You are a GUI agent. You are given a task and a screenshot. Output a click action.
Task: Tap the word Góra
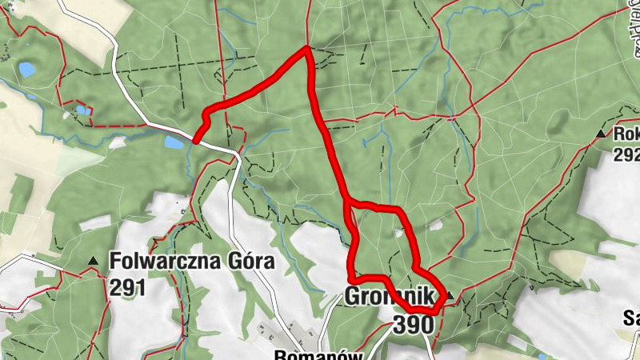click(247, 262)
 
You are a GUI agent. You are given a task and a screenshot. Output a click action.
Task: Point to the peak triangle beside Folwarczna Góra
click(94, 261)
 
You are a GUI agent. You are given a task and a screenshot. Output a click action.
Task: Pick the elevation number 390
click(413, 324)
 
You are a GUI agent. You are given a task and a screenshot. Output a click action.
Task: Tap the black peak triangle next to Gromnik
click(450, 296)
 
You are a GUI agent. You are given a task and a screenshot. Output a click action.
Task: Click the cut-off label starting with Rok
click(626, 134)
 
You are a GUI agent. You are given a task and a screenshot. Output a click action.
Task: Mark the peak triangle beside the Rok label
click(601, 134)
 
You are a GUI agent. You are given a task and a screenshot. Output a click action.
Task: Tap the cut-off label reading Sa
click(630, 318)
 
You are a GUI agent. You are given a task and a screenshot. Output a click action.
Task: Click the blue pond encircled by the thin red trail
click(27, 70)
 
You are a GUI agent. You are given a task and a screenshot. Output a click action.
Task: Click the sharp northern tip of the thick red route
click(306, 49)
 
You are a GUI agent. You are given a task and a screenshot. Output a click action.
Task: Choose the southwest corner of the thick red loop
click(352, 278)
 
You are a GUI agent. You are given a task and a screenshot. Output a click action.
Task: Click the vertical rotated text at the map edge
click(634, 28)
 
